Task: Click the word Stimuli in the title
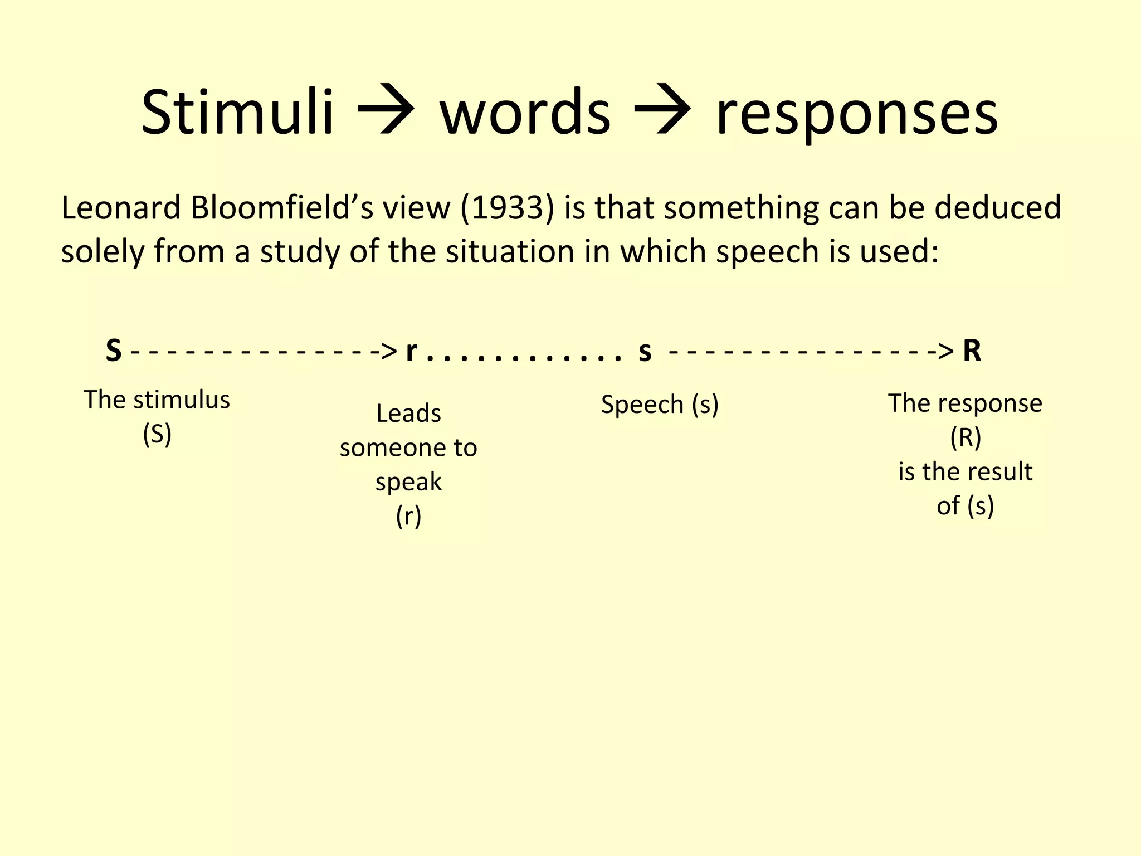coord(237,113)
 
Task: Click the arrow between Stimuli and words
coord(386,111)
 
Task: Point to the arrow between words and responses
coord(663,111)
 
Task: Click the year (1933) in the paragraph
coord(508,208)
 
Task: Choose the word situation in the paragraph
coord(510,251)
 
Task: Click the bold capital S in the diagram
coord(114,351)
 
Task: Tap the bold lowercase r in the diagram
coord(411,351)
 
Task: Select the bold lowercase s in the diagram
coord(645,351)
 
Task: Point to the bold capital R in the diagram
coord(972,351)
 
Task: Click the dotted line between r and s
coord(524,357)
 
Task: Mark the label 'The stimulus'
coord(157,400)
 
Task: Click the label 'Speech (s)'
coord(660,405)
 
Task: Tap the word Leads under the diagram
coord(408,414)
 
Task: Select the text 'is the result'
coord(965,472)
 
